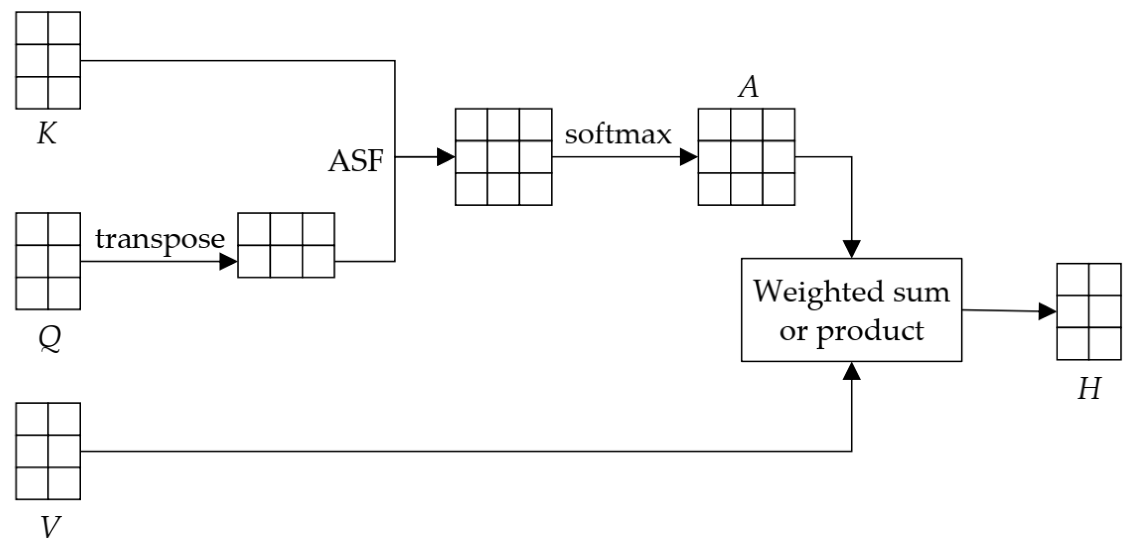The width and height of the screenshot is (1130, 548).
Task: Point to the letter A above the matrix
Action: click(x=748, y=86)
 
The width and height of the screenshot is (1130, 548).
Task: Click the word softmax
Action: click(x=618, y=134)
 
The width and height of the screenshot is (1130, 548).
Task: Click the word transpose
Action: click(x=160, y=240)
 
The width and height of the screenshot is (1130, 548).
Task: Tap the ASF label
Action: click(x=356, y=161)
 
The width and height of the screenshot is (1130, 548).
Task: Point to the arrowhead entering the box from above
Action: click(x=852, y=249)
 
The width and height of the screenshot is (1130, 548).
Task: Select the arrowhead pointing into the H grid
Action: click(x=1047, y=312)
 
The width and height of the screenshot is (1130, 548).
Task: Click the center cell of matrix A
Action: click(x=747, y=157)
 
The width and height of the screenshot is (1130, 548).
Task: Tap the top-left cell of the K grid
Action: click(x=32, y=28)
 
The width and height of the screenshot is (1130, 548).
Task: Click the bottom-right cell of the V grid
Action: click(x=64, y=483)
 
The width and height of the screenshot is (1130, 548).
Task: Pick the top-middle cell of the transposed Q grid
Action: click(x=286, y=229)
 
